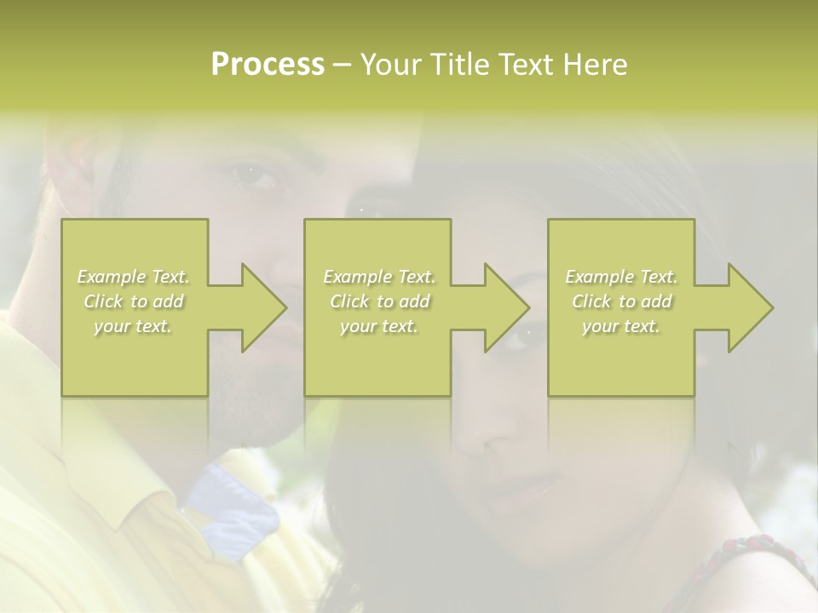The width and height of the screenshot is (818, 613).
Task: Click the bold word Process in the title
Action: pos(268,65)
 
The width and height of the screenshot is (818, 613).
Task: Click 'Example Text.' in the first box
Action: pos(134,277)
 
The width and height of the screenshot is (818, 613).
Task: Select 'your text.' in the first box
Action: pos(134,326)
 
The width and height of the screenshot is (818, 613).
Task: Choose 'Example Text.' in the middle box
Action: pos(379,277)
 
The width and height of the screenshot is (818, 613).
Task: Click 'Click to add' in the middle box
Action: pos(379,301)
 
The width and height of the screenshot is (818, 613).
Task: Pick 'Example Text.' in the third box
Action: pos(621,277)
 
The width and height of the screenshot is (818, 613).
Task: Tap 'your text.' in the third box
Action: pos(621,326)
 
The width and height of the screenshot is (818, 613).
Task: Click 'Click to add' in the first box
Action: pos(134,301)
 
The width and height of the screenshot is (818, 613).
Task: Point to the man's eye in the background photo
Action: pos(256,175)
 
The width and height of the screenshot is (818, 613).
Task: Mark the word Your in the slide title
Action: pos(395,65)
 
